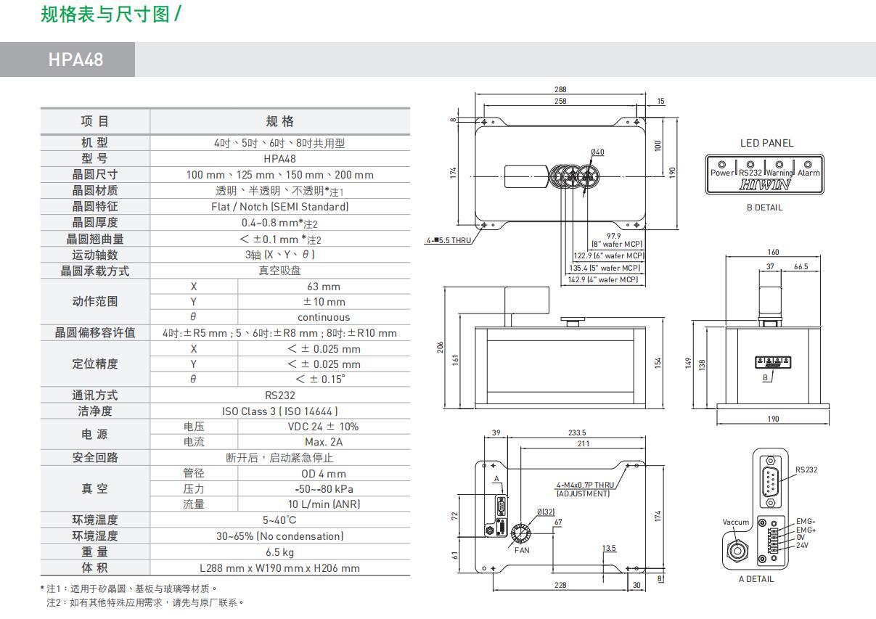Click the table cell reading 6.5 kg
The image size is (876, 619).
coord(279,552)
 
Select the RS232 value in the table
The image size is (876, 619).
coord(279,395)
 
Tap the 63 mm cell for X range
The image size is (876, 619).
coord(323,286)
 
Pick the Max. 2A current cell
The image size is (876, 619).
coord(323,442)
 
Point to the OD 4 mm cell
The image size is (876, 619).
coord(323,473)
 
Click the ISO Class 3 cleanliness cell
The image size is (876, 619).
coord(279,411)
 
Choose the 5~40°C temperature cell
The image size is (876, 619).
coord(279,520)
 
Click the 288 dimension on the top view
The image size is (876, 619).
coord(560,90)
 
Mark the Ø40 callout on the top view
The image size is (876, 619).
coord(597,152)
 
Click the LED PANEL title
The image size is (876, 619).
coord(766,143)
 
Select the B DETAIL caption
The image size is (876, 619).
coord(764,208)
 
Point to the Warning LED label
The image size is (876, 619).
coord(779,173)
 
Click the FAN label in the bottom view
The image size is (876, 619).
coord(522,550)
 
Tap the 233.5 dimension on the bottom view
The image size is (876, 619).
coord(577,433)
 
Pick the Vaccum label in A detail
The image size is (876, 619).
coord(735,522)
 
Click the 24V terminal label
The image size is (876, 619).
coord(802,545)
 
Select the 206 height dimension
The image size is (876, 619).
coord(440,348)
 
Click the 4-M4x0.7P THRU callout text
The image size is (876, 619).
coord(585,485)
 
